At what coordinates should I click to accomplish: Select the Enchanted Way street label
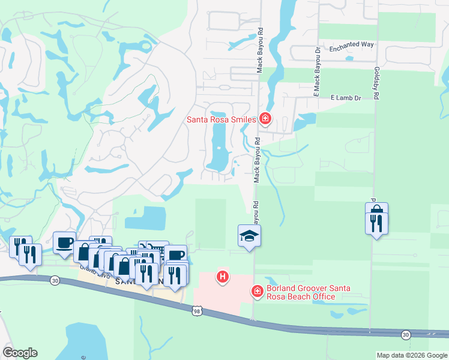point(351,45)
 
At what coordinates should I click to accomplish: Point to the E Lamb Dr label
point(345,97)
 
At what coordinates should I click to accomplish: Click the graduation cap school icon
point(249,235)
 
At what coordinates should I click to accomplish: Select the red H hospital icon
point(223,277)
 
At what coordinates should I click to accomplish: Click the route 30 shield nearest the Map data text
point(406,334)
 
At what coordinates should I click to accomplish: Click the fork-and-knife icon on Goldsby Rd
point(376,223)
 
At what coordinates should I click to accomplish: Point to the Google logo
point(20,353)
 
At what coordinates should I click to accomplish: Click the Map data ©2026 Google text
point(412,355)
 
